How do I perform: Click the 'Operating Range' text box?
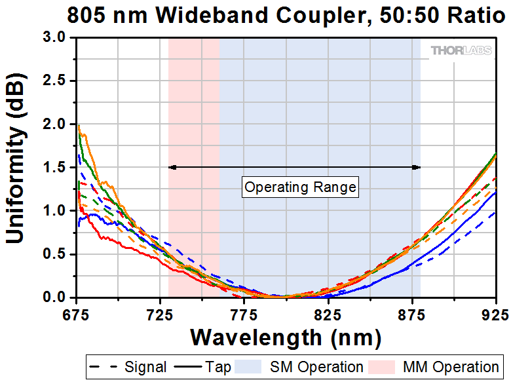click(x=300, y=187)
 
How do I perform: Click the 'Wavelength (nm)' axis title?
click(x=286, y=337)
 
